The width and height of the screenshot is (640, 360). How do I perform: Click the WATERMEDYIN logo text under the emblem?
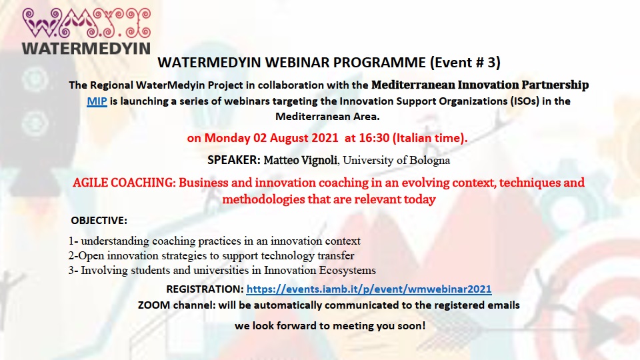(86, 49)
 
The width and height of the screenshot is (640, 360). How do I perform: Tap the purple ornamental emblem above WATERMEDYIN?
(87, 23)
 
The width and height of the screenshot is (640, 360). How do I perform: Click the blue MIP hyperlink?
(97, 101)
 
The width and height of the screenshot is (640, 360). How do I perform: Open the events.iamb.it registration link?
(369, 289)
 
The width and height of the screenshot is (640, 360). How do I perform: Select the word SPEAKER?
(234, 160)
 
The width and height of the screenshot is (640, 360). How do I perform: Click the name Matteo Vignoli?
(301, 160)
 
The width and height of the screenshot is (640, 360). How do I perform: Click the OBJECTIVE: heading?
(99, 221)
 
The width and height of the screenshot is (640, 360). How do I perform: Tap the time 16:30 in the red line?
(374, 138)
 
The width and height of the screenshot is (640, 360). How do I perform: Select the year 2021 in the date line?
(325, 138)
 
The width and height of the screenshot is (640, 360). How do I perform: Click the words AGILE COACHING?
(124, 183)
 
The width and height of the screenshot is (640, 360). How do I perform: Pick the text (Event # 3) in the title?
(465, 63)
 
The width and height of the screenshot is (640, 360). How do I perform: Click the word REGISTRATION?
(205, 289)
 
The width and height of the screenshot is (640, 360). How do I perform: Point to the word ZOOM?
(154, 305)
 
